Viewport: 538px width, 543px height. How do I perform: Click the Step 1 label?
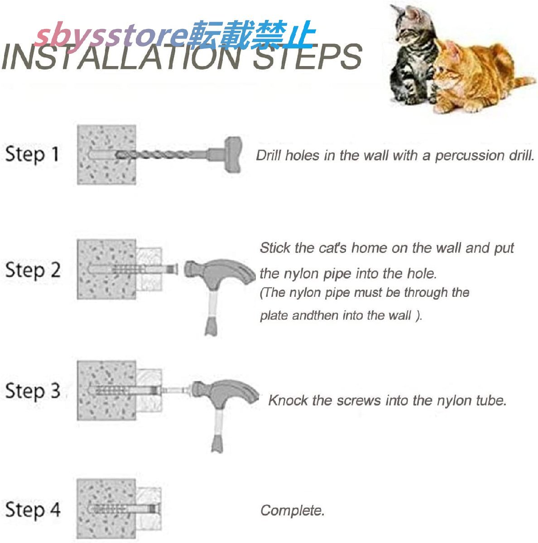point(32,154)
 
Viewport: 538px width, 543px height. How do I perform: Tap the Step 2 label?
point(33,270)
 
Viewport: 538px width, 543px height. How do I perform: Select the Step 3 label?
point(33,391)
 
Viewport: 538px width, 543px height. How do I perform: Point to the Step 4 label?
point(33,510)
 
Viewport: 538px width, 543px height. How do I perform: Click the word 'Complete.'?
point(292,510)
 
